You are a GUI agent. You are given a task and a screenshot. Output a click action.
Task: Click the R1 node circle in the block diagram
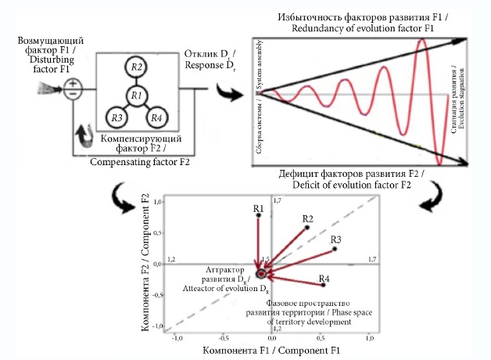click(x=135, y=96)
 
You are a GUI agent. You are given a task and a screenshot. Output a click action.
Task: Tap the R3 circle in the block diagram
click(x=118, y=118)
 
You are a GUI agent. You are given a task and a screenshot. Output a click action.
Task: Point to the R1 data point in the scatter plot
click(x=258, y=215)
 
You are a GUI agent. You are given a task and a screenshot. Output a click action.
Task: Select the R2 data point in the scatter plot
click(x=307, y=227)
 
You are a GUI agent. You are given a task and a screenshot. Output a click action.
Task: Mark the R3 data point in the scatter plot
click(x=335, y=249)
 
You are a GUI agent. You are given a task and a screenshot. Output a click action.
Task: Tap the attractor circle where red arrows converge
click(x=260, y=274)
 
